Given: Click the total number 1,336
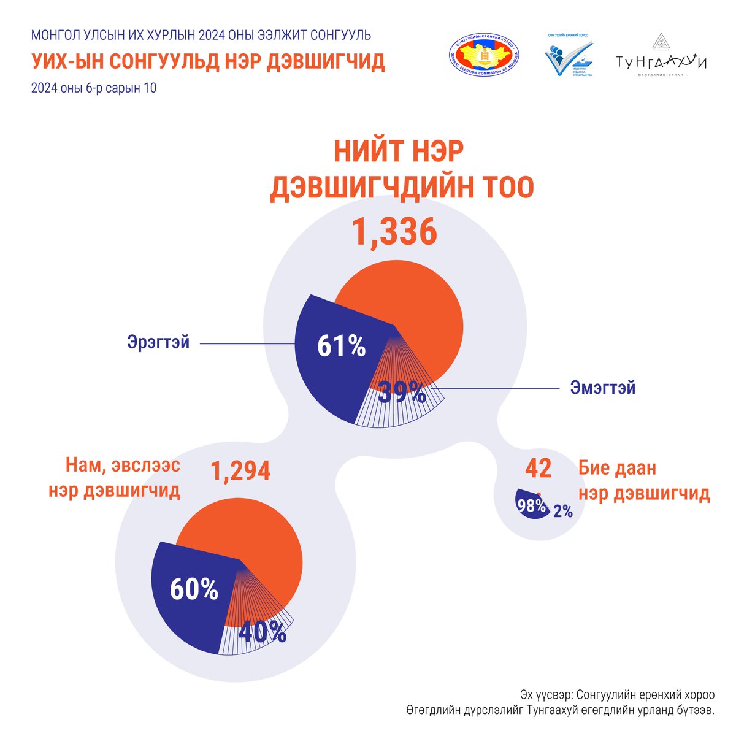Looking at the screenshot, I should click(394, 233).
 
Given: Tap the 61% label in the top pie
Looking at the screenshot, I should click(341, 347).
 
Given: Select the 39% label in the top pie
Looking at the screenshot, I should click(402, 392).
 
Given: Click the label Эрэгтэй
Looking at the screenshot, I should click(158, 342).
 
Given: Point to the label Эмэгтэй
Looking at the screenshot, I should click(602, 388).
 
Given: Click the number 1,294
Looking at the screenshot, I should click(240, 471).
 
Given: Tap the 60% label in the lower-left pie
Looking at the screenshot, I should click(194, 589).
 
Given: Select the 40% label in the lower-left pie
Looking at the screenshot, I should click(262, 632).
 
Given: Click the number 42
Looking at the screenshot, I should click(538, 469).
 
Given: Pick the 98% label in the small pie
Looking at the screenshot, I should click(531, 506).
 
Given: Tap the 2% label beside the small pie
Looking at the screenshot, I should click(562, 511).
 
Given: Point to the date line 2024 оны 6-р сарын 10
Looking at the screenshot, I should click(93, 88).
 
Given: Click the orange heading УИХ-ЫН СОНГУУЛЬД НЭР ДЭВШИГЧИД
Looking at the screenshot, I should click(207, 62).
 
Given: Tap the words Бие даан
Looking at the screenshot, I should click(617, 469).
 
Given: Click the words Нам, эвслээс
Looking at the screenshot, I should click(123, 466).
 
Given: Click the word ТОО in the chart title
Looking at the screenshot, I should click(504, 187).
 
